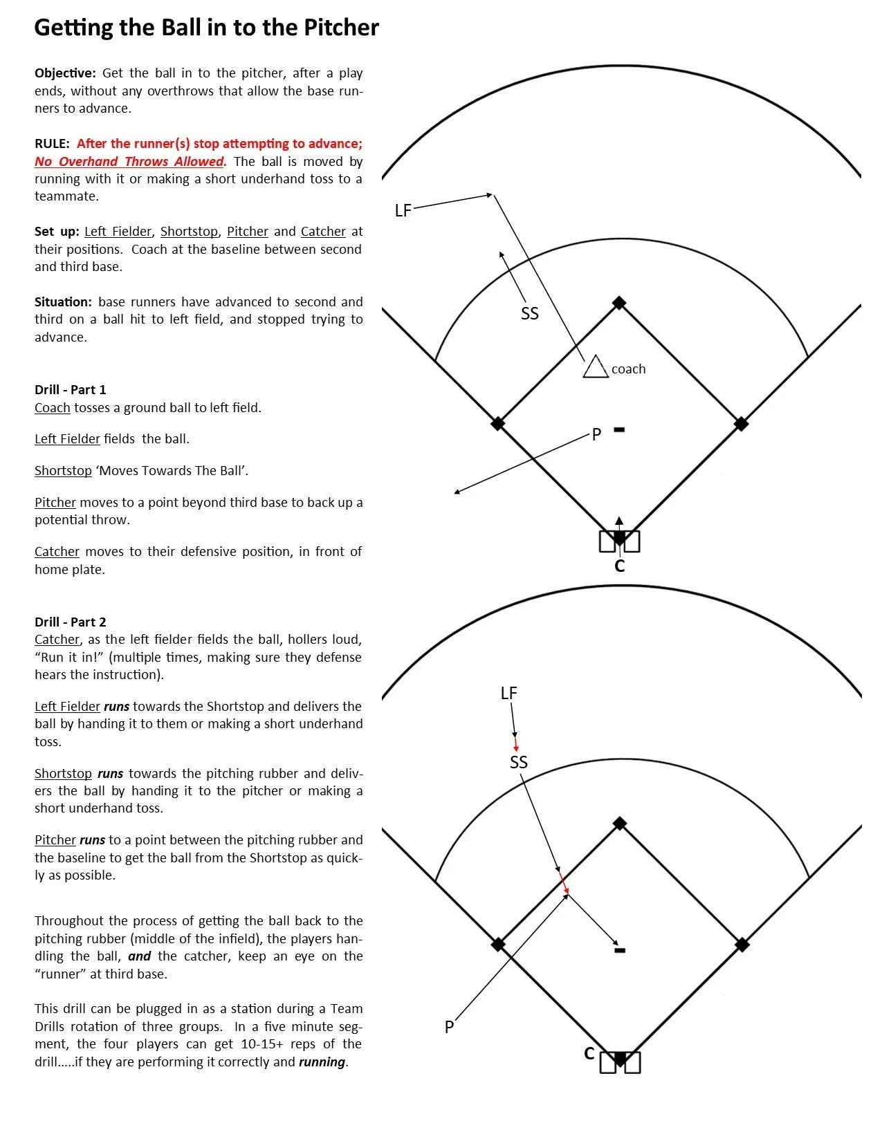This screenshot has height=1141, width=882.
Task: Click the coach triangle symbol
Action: pos(595,368)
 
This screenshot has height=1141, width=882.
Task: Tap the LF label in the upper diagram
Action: pos(403,211)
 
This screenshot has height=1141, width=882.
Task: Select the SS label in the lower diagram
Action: pos(519,762)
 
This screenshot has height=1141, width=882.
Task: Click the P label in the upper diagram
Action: pos(596,435)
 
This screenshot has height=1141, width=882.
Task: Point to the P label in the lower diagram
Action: pos(449,1028)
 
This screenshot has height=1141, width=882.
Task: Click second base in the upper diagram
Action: pos(619,303)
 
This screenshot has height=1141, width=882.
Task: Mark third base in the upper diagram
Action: pos(497,423)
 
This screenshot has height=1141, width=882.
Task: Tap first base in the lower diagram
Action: pos(742,944)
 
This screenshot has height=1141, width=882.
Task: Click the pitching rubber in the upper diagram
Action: pos(619,430)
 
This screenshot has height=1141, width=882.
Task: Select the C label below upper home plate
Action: pos(619,566)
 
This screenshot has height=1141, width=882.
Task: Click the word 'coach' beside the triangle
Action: pos(628,369)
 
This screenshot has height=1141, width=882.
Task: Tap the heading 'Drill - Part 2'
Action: pos(71,622)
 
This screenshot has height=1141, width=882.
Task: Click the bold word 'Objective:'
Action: pos(66,73)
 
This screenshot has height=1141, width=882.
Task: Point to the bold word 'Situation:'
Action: pos(63,302)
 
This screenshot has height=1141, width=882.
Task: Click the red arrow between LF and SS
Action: pos(516,745)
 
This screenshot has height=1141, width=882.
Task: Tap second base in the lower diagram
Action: pos(620,824)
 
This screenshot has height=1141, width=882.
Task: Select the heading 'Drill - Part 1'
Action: pos(71,389)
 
